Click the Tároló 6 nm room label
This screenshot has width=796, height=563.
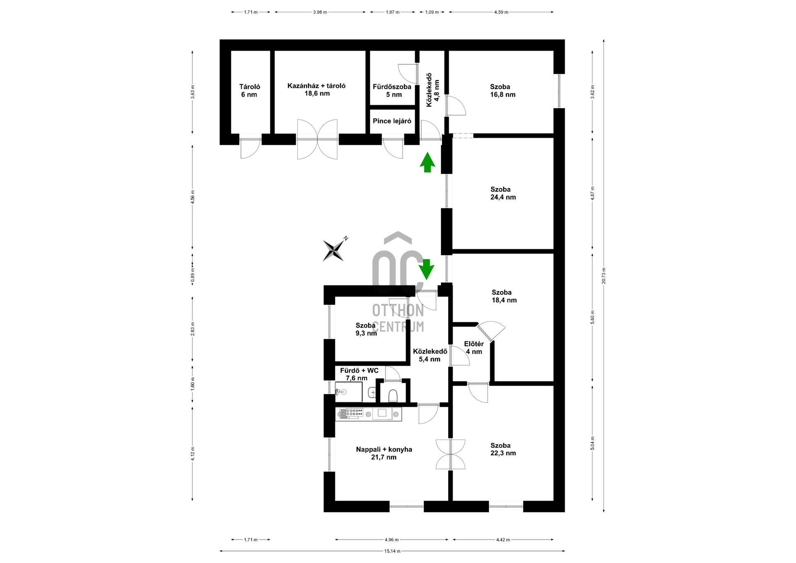click(250, 90)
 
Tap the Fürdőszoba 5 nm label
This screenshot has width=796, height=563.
click(392, 90)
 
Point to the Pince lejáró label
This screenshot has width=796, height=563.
click(392, 121)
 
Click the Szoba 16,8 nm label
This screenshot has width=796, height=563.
click(502, 90)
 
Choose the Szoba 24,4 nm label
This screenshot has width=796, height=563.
click(503, 193)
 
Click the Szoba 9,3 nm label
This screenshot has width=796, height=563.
click(366, 329)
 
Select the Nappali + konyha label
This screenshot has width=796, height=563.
click(384, 453)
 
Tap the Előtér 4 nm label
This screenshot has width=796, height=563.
click(474, 348)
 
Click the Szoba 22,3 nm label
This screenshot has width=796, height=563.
click(503, 449)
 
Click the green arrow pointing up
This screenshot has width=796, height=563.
click(427, 162)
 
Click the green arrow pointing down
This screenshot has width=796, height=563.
click(426, 269)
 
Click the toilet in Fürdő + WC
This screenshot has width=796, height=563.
click(393, 396)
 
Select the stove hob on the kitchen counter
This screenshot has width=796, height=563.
click(351, 413)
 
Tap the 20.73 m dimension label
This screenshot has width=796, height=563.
click(604, 275)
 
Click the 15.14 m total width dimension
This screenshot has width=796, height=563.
click(392, 551)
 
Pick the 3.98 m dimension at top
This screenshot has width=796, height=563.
click(320, 12)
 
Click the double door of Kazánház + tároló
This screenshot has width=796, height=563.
click(317, 139)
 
